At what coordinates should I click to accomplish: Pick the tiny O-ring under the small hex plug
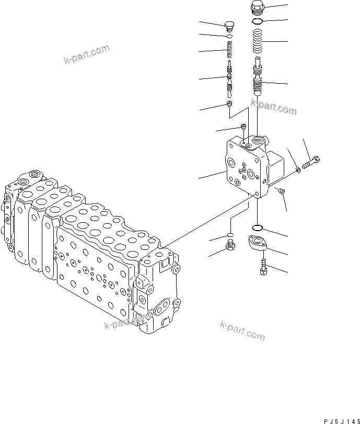[229, 36]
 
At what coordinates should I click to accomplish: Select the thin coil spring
[229, 51]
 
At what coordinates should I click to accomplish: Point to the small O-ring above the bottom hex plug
[229, 234]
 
